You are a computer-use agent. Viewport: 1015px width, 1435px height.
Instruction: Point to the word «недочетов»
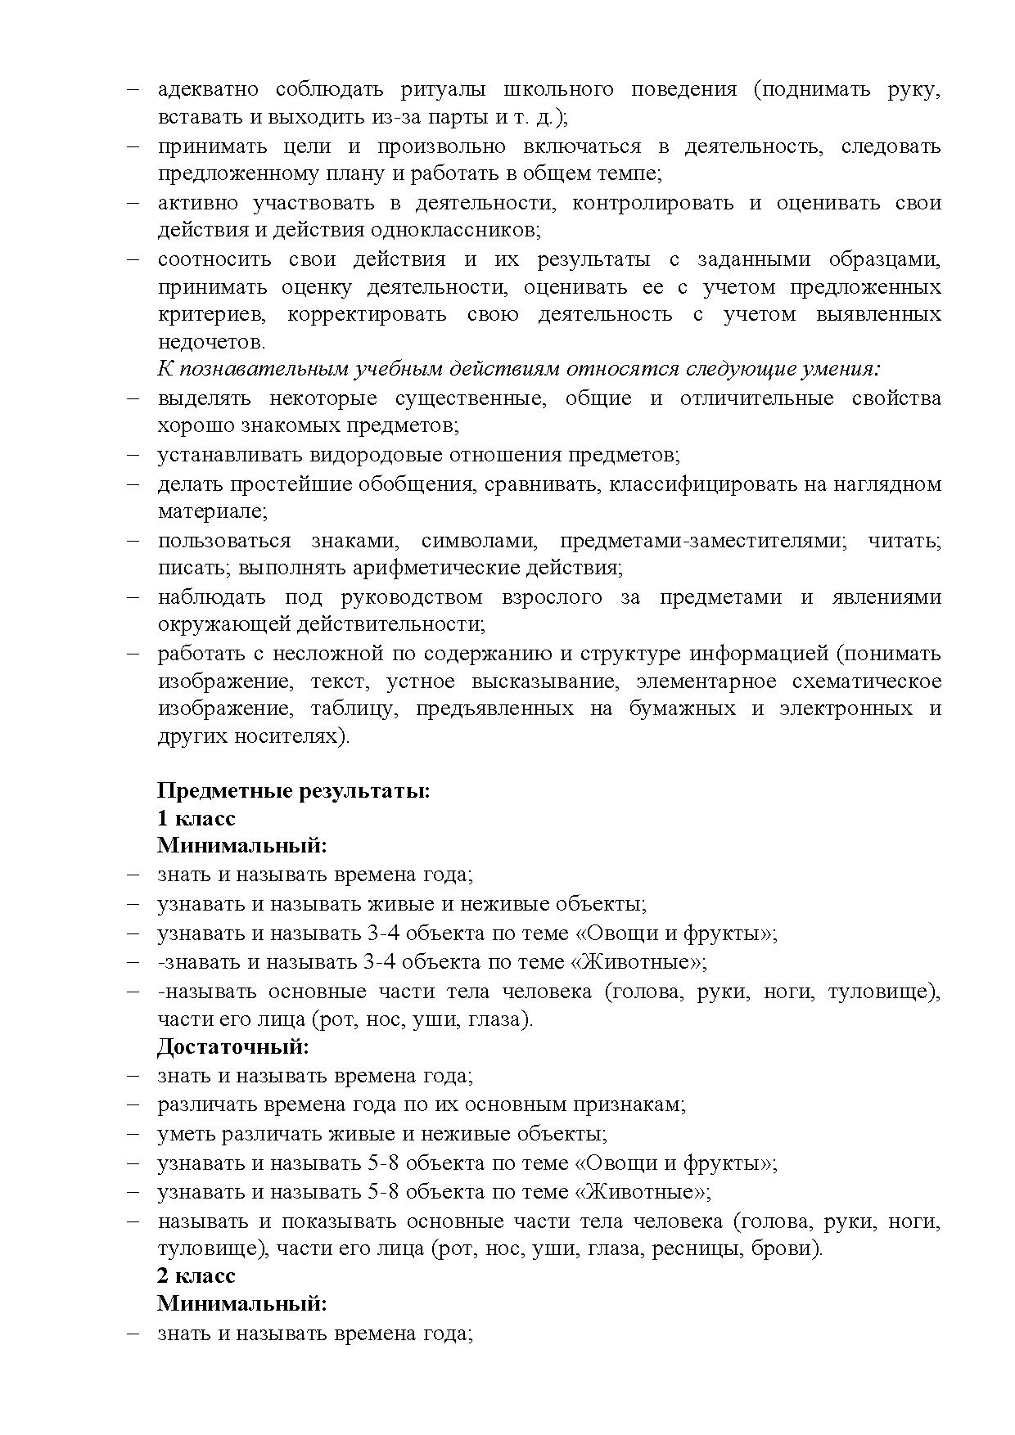(x=210, y=342)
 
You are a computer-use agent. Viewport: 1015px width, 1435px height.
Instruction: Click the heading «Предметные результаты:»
(x=294, y=791)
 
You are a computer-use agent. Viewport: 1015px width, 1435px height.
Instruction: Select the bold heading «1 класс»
(x=196, y=819)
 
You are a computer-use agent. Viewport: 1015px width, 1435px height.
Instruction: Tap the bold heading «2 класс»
(x=196, y=1275)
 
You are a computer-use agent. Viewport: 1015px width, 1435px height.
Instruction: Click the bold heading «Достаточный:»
(x=233, y=1046)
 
